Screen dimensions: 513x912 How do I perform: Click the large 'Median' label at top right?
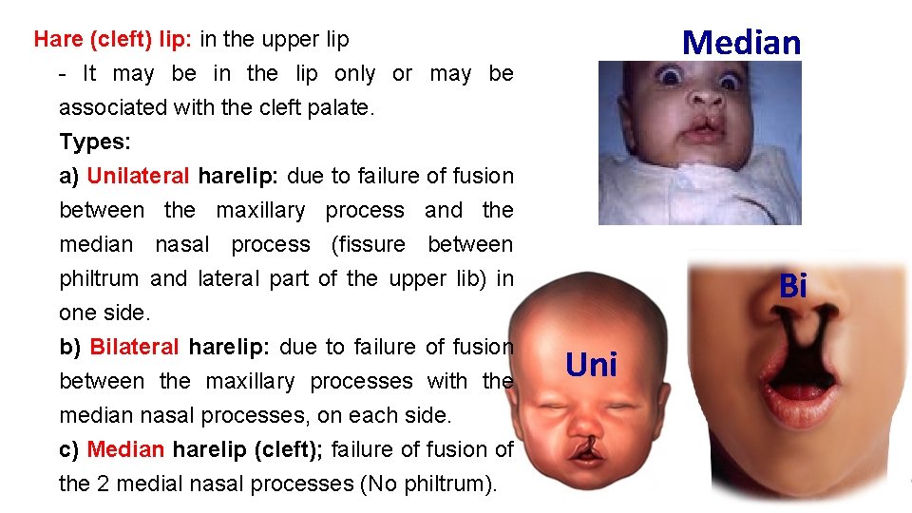[x=742, y=42]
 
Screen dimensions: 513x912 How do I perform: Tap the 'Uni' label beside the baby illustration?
[x=591, y=365]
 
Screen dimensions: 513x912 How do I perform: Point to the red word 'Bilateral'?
[x=134, y=347]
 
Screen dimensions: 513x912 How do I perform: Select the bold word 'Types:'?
[x=95, y=142]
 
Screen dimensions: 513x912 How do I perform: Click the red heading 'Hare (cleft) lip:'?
[x=113, y=39]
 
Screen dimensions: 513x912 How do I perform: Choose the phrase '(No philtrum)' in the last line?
[x=427, y=484]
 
